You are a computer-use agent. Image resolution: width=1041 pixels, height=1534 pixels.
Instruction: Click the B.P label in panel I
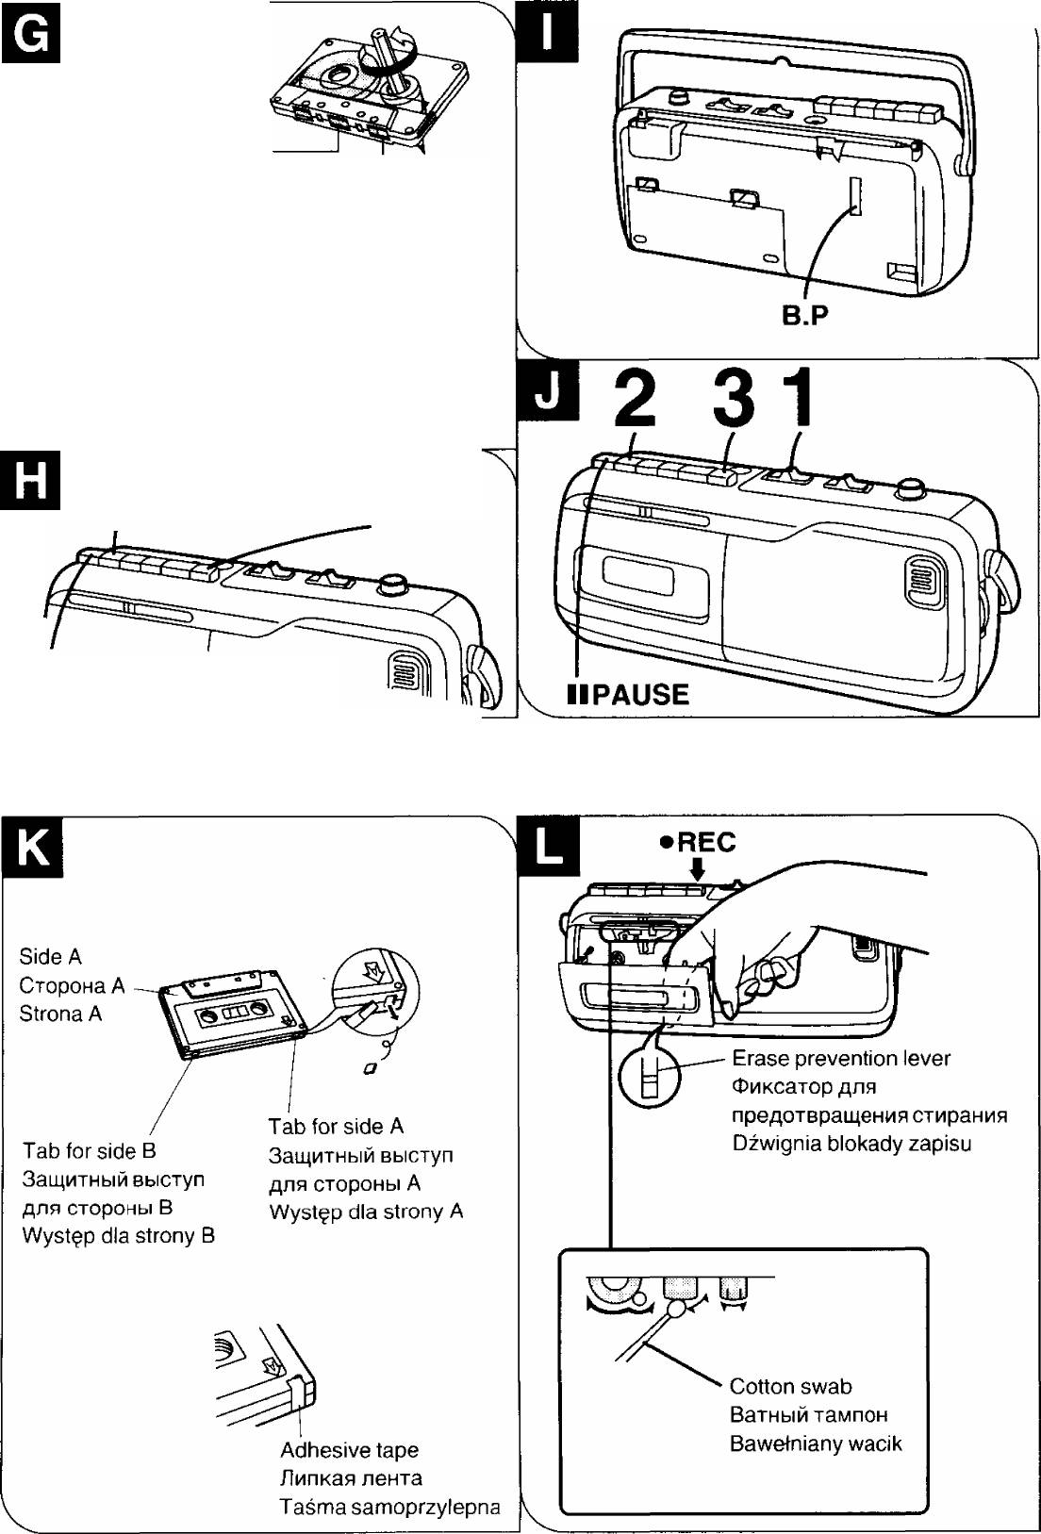click(x=804, y=316)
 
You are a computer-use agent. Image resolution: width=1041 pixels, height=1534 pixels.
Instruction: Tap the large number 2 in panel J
click(x=636, y=398)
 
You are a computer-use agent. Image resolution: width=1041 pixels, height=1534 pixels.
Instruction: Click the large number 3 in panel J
click(x=734, y=398)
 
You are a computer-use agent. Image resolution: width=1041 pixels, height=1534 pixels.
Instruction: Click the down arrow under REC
click(x=697, y=871)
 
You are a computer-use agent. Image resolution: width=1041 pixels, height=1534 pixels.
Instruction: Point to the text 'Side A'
click(x=50, y=956)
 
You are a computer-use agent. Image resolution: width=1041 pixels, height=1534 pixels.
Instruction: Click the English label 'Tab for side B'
click(x=90, y=1150)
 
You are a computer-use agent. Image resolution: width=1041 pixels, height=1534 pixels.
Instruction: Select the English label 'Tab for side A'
click(x=336, y=1126)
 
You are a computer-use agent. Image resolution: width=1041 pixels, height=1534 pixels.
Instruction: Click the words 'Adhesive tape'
click(x=349, y=1450)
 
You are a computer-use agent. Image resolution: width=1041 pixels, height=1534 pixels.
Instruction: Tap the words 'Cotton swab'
click(x=790, y=1386)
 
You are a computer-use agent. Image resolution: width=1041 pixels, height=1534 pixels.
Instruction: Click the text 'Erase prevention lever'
click(x=841, y=1058)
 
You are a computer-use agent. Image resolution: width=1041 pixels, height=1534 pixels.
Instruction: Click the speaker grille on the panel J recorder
click(x=925, y=583)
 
